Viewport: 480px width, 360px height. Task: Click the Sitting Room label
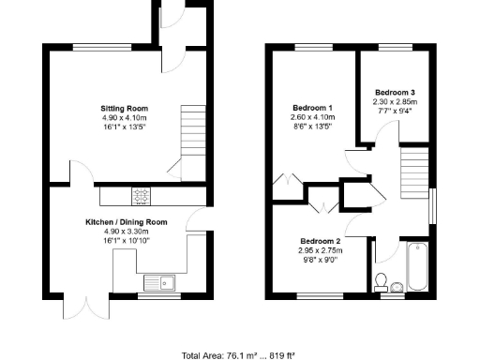pos(125,109)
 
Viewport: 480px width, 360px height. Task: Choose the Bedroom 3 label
pos(395,92)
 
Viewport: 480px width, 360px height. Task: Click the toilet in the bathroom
pos(382,280)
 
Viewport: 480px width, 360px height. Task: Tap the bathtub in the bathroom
pos(418,267)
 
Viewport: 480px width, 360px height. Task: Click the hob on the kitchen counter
pos(141,195)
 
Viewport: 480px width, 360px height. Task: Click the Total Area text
pos(239,355)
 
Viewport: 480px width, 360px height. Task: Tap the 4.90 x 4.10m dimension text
pos(125,119)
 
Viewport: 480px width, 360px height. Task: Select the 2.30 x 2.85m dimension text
pos(395,101)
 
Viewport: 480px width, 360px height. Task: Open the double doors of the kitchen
pos(77,307)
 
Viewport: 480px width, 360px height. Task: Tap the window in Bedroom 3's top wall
pos(395,47)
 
